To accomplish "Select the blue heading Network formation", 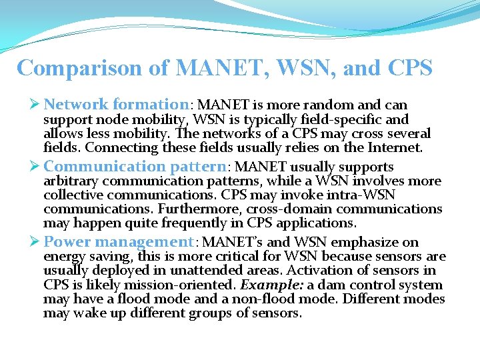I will click(x=117, y=105).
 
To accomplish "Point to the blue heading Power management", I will click(x=119, y=242).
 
